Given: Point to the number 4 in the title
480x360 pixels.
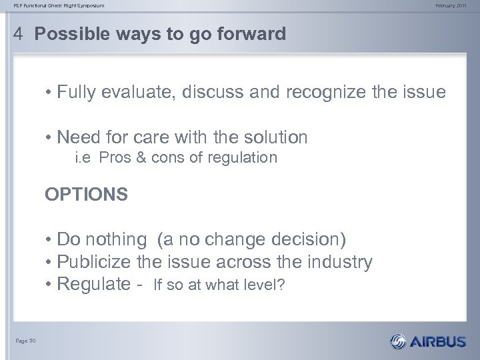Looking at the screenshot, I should coord(19,34).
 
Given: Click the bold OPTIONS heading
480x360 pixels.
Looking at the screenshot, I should coord(86,194).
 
